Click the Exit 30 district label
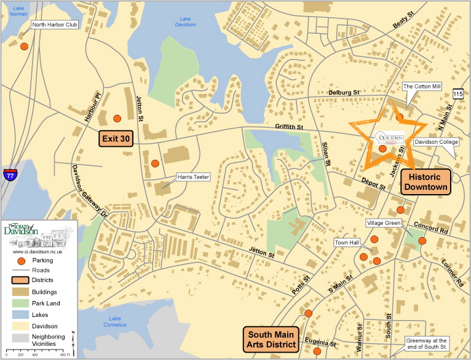pos(116,139)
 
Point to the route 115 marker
pos(457,93)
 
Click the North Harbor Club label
pos(55,25)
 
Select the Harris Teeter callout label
pos(194,177)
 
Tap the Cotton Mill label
pos(422,87)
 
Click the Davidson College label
pos(436,142)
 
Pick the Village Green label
pos(384,222)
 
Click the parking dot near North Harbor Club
pos(24,47)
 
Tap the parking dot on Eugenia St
pos(317,351)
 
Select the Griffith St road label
pos(291,127)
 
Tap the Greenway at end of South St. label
pos(427,343)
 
